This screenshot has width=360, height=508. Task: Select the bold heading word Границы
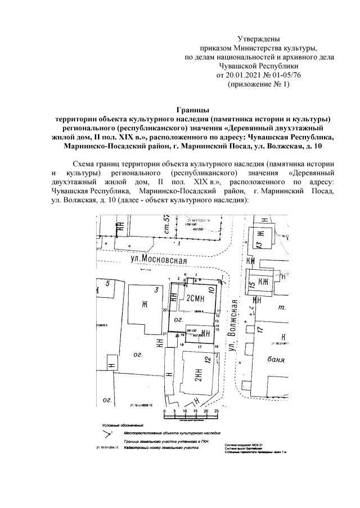coord(192,110)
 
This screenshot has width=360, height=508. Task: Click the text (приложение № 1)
coord(259,83)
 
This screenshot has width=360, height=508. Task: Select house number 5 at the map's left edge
coord(107,283)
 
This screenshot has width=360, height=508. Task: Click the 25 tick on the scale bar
coord(217,411)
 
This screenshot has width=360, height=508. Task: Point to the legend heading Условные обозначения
coord(123,425)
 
